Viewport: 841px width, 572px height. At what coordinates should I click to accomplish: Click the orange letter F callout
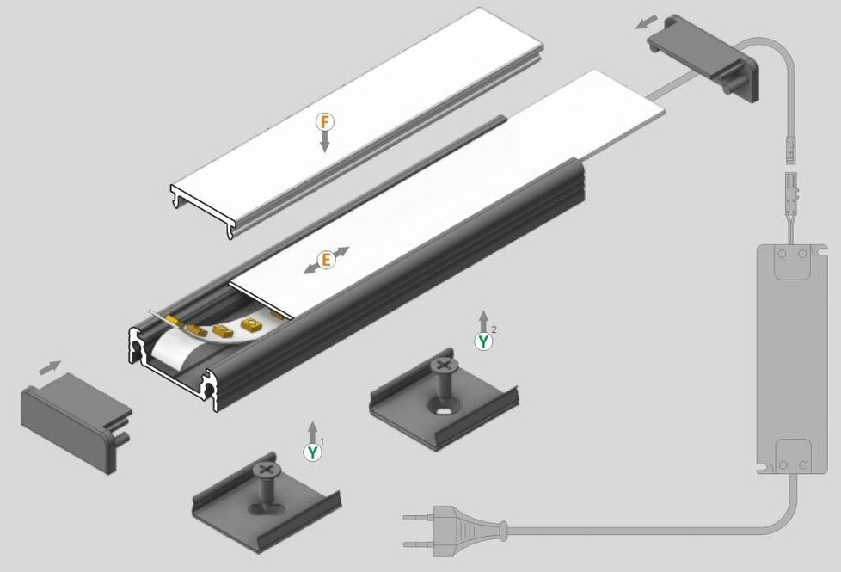point(324,122)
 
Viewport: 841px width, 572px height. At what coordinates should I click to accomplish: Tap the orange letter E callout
point(326,261)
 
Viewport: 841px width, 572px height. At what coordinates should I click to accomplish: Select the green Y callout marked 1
point(313,452)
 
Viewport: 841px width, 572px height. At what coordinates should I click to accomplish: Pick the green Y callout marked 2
point(483,341)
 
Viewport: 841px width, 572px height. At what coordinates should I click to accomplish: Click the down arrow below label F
point(324,142)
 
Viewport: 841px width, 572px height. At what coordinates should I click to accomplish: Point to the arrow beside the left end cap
point(50,367)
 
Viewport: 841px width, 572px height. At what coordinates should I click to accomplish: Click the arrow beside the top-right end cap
point(647,22)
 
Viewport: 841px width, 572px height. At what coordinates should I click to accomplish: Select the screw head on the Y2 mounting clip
point(443,366)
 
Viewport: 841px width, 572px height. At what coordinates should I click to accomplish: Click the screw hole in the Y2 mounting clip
point(445,411)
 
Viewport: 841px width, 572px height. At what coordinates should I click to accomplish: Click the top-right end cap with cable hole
point(703,58)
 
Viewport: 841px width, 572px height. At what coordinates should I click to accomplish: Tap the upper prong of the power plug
point(419,518)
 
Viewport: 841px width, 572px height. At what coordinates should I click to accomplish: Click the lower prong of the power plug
point(419,544)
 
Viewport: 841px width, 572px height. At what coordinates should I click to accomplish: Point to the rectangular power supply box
point(792,359)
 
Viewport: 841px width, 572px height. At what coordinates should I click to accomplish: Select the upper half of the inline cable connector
point(790,151)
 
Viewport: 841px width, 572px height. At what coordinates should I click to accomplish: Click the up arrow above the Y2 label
point(484,321)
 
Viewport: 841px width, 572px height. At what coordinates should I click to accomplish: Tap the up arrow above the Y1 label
point(313,433)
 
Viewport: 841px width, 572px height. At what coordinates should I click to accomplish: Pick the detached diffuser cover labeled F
point(357,123)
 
